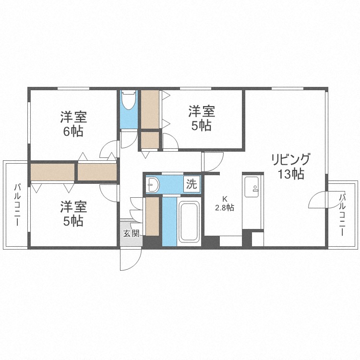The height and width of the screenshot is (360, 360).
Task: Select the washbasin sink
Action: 153,184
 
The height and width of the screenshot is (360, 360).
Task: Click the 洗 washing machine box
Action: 192,184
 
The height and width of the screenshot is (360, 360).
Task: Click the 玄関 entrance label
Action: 132,233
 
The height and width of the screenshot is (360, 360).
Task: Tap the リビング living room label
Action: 291,160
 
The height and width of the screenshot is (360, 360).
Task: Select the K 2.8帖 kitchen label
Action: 224,204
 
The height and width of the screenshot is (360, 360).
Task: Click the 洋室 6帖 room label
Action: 73,124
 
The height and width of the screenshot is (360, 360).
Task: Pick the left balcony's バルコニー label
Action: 17,205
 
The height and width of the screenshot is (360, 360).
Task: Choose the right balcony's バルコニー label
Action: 343,215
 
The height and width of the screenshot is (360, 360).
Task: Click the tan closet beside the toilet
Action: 150,109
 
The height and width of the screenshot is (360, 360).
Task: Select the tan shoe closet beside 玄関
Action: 152,216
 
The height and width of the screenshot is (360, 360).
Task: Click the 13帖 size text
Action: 291,174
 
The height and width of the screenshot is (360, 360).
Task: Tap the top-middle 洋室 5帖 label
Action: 202,118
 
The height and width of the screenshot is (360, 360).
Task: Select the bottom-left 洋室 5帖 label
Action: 73,214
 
